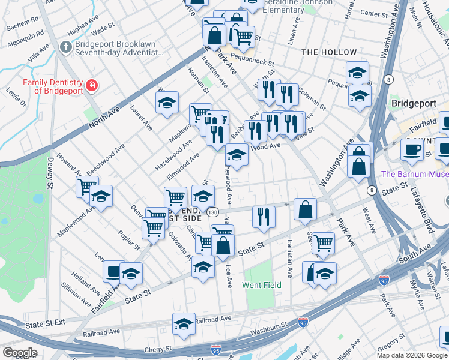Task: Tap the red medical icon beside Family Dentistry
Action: pyautogui.click(x=91, y=86)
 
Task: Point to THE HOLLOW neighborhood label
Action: pyautogui.click(x=329, y=52)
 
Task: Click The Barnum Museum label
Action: pyautogui.click(x=415, y=175)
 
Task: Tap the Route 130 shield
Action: pyautogui.click(x=212, y=212)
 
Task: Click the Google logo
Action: pyautogui.click(x=19, y=353)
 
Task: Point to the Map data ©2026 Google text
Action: pyautogui.click(x=412, y=355)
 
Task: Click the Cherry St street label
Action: pyautogui.click(x=159, y=349)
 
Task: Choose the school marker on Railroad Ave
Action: pyautogui.click(x=184, y=324)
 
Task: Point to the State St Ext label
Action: pyautogui.click(x=45, y=324)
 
